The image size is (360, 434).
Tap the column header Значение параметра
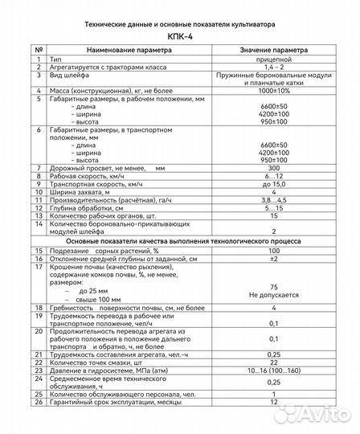(x=275, y=50)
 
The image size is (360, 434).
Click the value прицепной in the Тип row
(x=275, y=59)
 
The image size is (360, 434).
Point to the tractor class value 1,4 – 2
(x=275, y=68)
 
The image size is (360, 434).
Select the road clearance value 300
(x=275, y=168)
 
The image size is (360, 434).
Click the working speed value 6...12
(x=275, y=176)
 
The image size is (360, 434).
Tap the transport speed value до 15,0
(x=275, y=184)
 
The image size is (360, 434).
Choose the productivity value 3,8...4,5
(x=275, y=200)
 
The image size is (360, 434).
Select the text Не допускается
(x=275, y=295)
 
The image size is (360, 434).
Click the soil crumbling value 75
(x=275, y=286)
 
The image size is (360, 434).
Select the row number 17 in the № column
(x=38, y=268)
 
